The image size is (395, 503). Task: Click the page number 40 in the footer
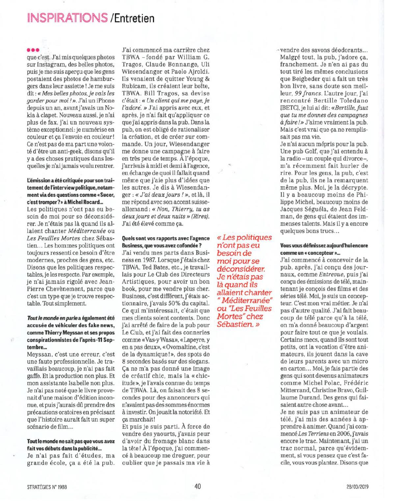(197, 486)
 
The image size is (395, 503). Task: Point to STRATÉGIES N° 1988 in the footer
(47, 487)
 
